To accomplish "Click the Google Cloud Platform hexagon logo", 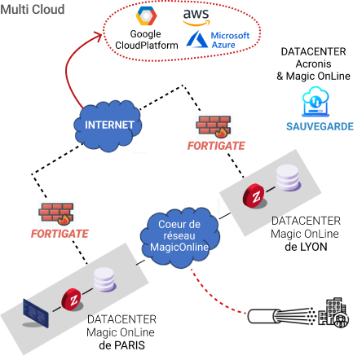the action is coord(146,16).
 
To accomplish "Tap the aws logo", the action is coord(196,17).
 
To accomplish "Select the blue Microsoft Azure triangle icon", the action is coord(196,39).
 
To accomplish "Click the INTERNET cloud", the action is coord(108,125).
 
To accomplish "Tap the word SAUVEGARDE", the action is coord(320,126).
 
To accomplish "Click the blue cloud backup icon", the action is coord(316,102).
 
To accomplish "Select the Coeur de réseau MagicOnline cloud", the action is coord(179,237).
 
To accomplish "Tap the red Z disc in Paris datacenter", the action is coord(72,300).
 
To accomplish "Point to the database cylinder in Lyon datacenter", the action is coord(289,178).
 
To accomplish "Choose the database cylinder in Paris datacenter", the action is coord(105,279).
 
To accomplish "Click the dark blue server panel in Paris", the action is coord(36,313).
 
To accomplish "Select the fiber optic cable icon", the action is coord(281,316).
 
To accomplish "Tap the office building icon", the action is coord(333,313).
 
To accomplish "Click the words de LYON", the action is coord(306,247).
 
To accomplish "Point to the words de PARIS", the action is coord(121,345).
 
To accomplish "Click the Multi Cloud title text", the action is coord(33,10).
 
